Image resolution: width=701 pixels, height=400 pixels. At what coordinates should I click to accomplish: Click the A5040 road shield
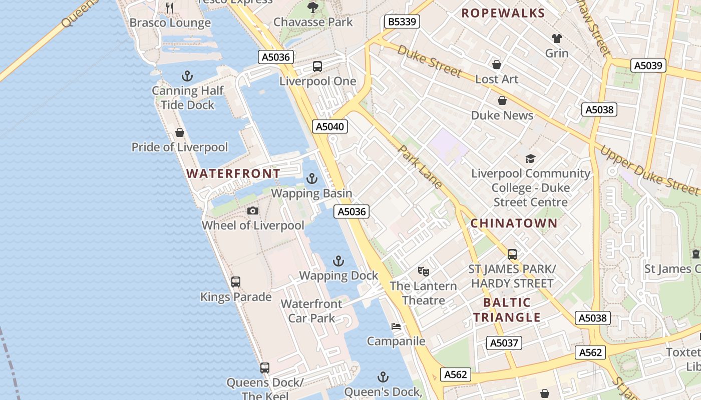coord(330,126)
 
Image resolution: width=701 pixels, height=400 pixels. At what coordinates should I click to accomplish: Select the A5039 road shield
coord(648,65)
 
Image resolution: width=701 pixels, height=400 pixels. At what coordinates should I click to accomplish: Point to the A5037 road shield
coord(504,343)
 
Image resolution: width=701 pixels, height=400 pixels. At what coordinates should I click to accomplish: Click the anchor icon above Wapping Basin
coord(312,178)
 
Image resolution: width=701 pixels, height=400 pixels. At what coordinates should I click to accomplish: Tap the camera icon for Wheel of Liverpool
coord(253,210)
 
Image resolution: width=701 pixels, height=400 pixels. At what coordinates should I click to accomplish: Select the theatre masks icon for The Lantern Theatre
coord(424,271)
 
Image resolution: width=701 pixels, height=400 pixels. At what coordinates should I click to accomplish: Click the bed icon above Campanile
coord(396,326)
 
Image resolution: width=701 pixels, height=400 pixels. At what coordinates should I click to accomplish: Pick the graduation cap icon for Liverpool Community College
coord(530,159)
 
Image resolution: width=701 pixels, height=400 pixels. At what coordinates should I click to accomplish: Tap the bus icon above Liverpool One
coord(317,66)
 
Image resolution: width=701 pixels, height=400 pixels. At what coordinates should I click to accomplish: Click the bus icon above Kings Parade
coord(236,282)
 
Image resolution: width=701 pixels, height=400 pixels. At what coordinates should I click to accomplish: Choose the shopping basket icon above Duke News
coord(502,100)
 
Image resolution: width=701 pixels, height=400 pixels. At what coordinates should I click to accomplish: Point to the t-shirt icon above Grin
coord(556,38)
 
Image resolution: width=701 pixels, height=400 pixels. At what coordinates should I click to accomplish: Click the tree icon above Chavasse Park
coord(313,7)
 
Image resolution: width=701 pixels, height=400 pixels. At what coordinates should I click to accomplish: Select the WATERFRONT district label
coord(233,173)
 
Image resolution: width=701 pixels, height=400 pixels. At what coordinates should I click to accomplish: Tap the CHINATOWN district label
coord(514,223)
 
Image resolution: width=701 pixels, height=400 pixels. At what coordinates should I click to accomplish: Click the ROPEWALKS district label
coord(503,13)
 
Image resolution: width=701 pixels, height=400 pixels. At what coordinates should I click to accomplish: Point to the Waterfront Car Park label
coord(311,310)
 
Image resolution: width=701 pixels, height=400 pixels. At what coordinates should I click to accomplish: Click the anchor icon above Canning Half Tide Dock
coord(187,76)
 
